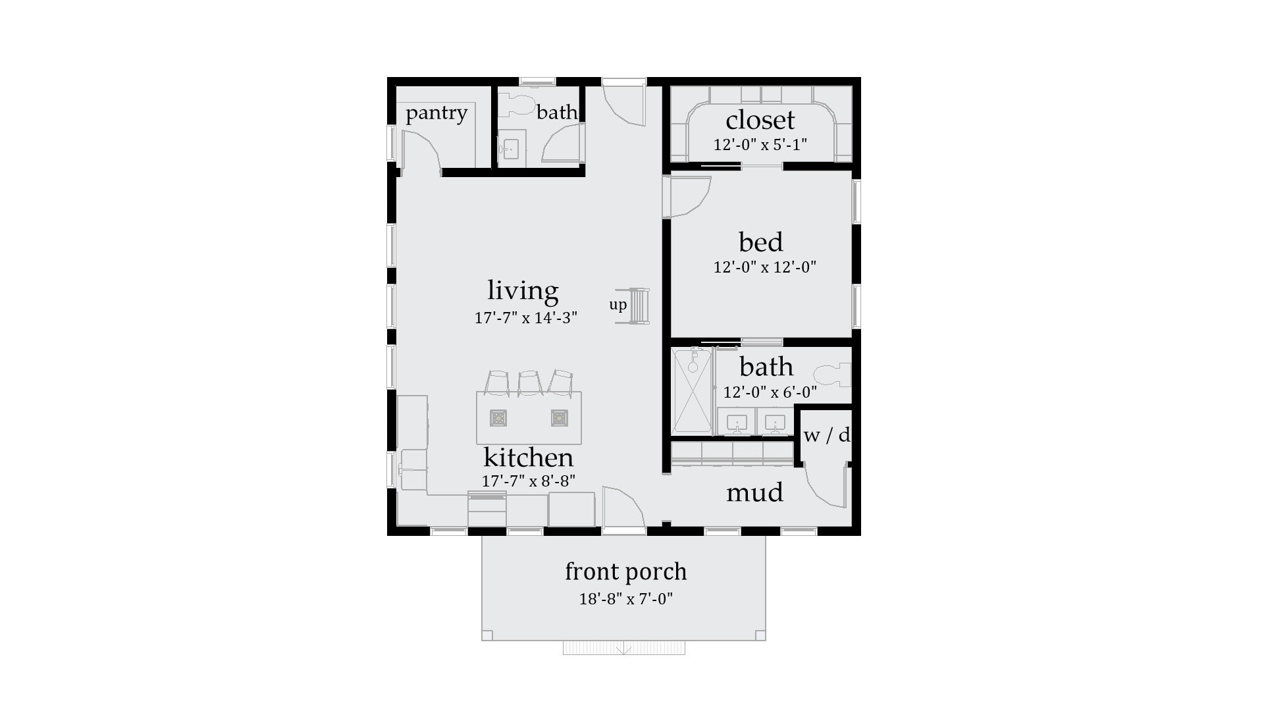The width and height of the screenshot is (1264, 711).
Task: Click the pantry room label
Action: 436,113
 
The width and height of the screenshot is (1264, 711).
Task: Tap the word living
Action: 523,290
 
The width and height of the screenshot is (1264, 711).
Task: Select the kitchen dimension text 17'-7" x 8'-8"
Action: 528,481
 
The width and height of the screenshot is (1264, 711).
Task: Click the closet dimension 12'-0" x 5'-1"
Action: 760,145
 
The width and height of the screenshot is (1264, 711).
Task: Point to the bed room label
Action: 761,242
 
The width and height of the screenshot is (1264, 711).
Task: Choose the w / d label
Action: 826,435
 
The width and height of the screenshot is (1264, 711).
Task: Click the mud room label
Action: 754,492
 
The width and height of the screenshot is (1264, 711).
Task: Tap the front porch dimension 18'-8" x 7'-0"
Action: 625,599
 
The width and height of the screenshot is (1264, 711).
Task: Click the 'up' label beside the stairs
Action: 618,305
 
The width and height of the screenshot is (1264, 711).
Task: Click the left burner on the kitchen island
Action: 498,418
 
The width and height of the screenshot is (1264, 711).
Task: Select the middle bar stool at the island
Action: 529,383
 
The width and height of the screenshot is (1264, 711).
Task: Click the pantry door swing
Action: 421,151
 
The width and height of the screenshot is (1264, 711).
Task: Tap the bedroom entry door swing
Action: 688,196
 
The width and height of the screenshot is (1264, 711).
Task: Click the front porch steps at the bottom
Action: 623,648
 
